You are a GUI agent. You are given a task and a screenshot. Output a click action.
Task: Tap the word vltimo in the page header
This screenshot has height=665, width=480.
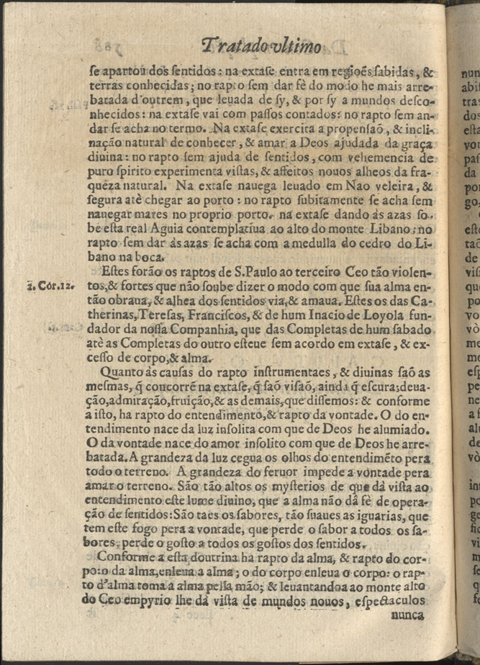(x=297, y=48)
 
